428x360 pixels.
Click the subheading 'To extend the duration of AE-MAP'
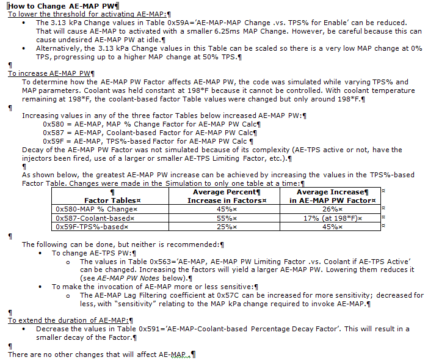[70, 320]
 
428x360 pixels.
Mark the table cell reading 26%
[330, 209]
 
